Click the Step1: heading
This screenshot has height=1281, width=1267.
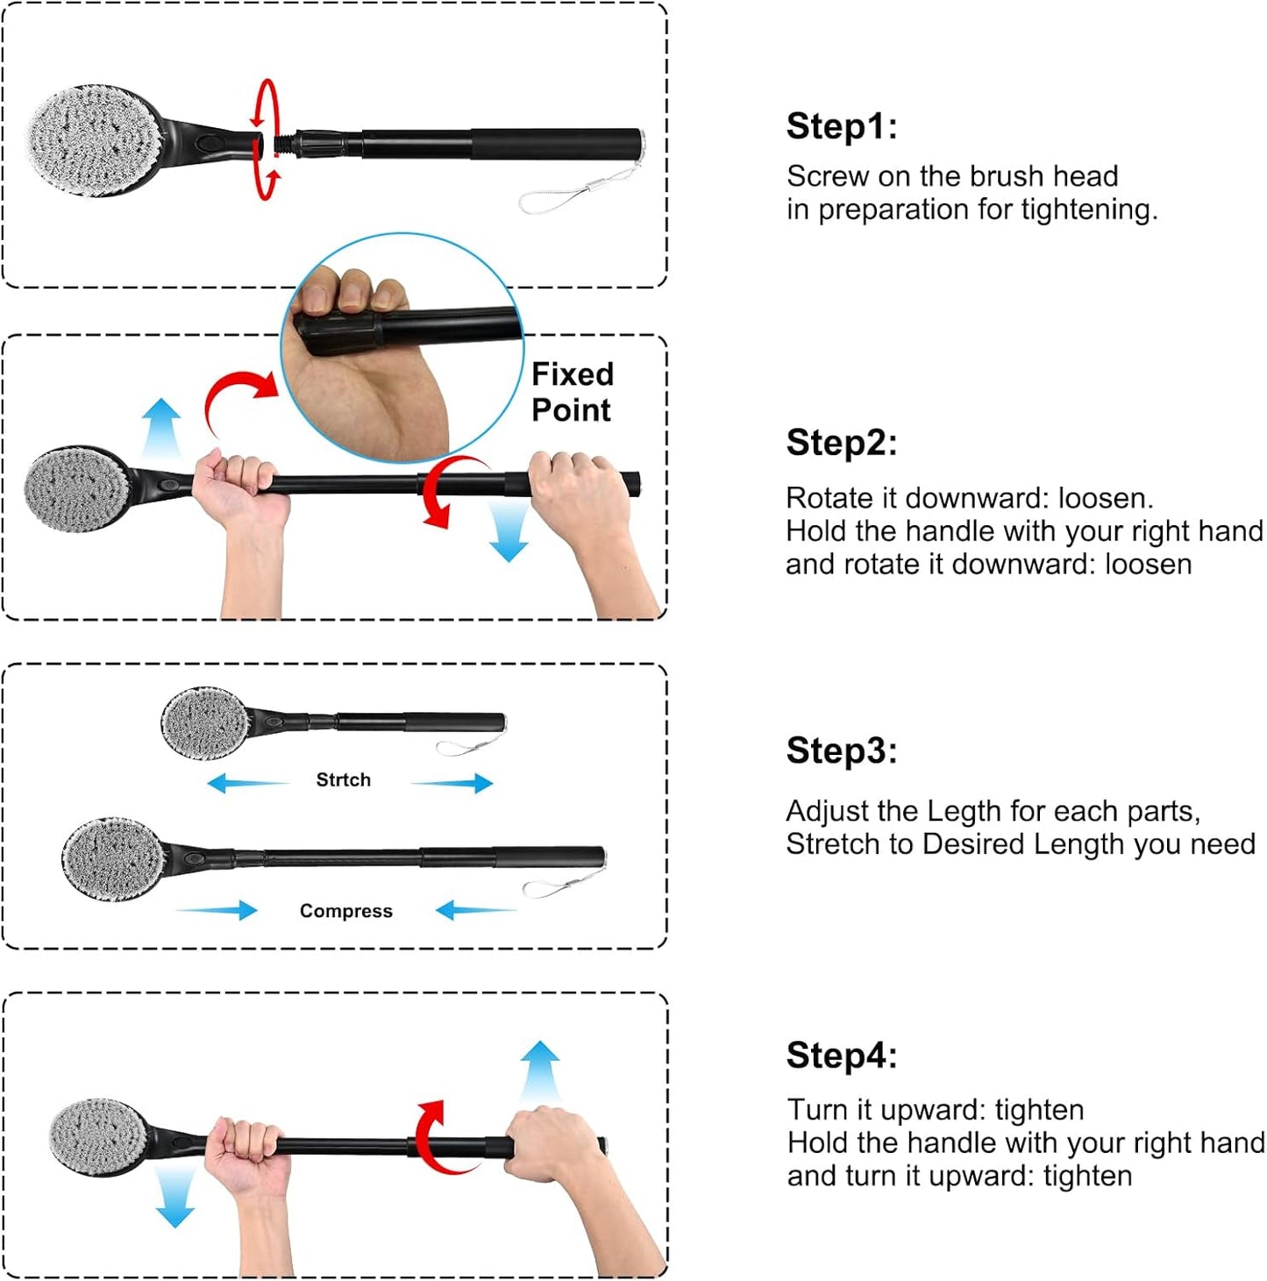841,126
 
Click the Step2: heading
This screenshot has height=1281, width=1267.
841,443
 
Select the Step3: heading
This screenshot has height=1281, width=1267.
841,751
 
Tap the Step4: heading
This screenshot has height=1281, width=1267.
841,1056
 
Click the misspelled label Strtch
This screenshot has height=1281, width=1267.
343,779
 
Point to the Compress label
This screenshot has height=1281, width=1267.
345,911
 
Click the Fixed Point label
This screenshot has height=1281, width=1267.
572,392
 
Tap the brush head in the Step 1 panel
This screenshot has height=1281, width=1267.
94,140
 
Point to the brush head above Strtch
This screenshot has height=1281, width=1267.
204,722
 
